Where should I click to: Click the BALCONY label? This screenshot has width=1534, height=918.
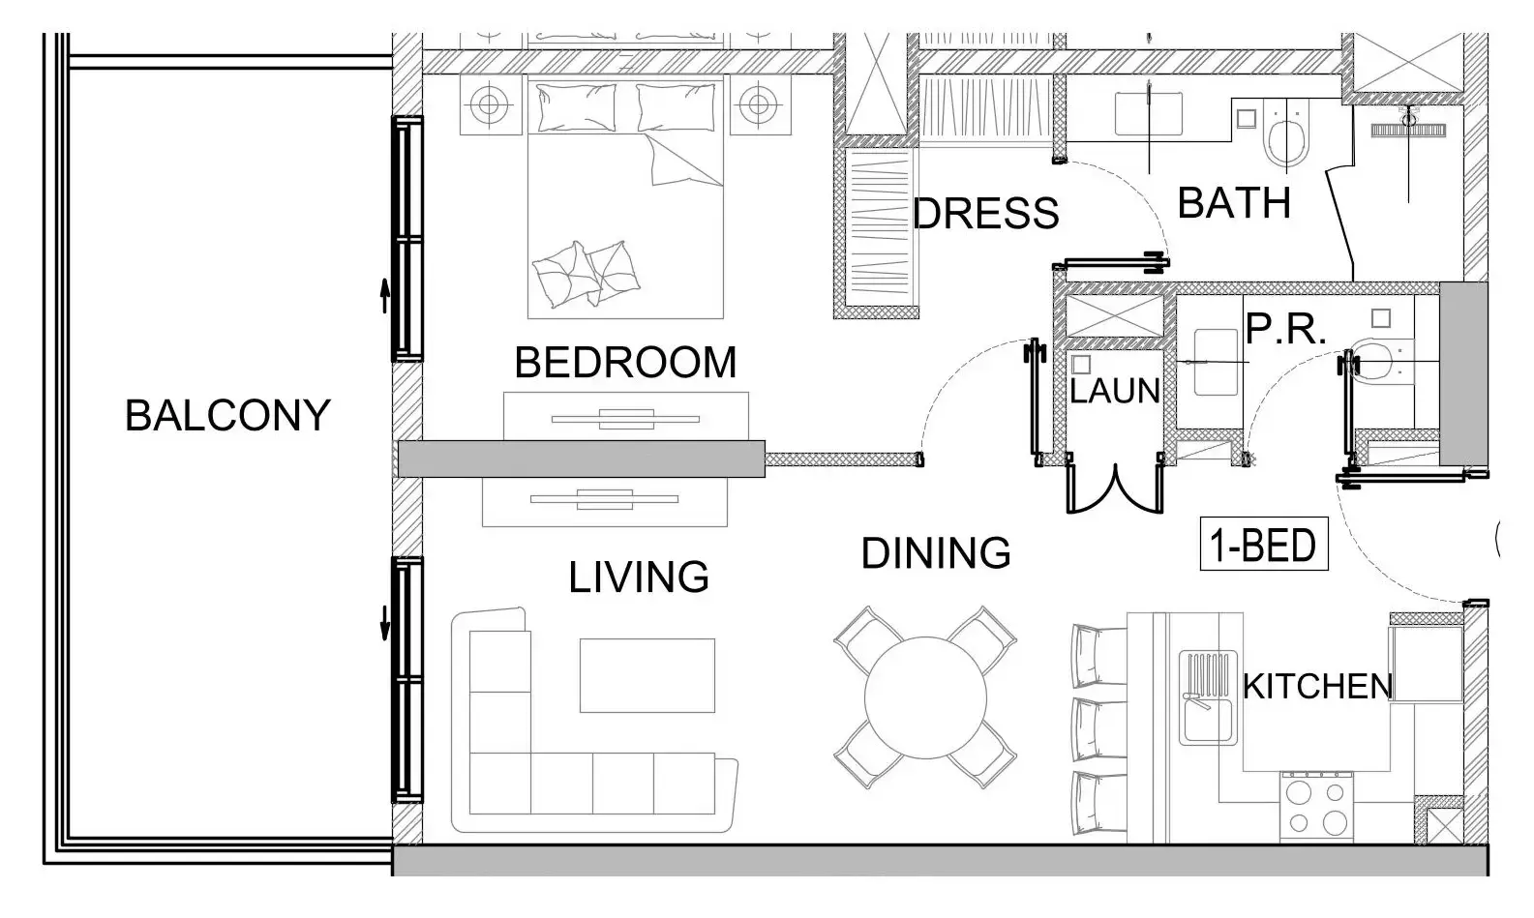pos(227,416)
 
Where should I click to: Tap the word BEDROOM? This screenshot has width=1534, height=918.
pos(625,363)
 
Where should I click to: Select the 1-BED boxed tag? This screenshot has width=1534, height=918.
pos(1263,546)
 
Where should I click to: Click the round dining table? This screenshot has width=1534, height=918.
pos(925,698)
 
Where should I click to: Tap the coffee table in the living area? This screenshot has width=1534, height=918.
pos(647,675)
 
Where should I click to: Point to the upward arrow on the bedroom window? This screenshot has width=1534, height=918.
pos(384,295)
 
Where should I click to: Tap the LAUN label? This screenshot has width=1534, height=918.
pos(1114,392)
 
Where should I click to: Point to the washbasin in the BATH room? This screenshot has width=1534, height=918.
pos(1148,114)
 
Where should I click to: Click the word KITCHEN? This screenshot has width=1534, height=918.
pos(1316,687)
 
